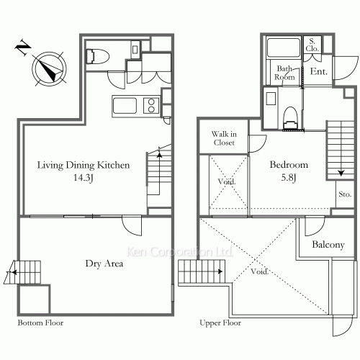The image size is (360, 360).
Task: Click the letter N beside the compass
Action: [x=23, y=47]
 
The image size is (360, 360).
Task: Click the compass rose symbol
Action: [x=49, y=68]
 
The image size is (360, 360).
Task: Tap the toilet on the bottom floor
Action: [x=97, y=57]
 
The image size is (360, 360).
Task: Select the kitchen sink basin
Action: [x=125, y=106]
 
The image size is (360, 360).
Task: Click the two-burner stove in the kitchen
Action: [x=151, y=106]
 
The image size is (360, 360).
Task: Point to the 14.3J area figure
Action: [x=83, y=178]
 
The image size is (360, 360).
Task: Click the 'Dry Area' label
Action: [x=104, y=264]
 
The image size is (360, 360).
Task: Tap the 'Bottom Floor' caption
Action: [x=40, y=323]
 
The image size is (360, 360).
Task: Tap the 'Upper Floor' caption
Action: [x=220, y=323]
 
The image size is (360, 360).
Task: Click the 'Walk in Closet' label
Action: [x=224, y=138]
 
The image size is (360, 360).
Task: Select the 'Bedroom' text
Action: [x=289, y=165]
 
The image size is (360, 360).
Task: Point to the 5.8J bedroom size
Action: [x=289, y=178]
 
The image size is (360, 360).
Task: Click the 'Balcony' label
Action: [x=328, y=245]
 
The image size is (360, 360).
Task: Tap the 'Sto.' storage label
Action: [x=345, y=194]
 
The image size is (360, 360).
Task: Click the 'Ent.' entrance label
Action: [x=319, y=71]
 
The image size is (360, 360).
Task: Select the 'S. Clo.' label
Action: [x=312, y=45]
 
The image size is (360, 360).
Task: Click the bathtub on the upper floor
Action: [x=284, y=48]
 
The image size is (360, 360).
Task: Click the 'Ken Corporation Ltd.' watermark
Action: [x=180, y=252]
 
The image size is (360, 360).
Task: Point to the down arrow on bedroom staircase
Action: [x=341, y=173]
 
